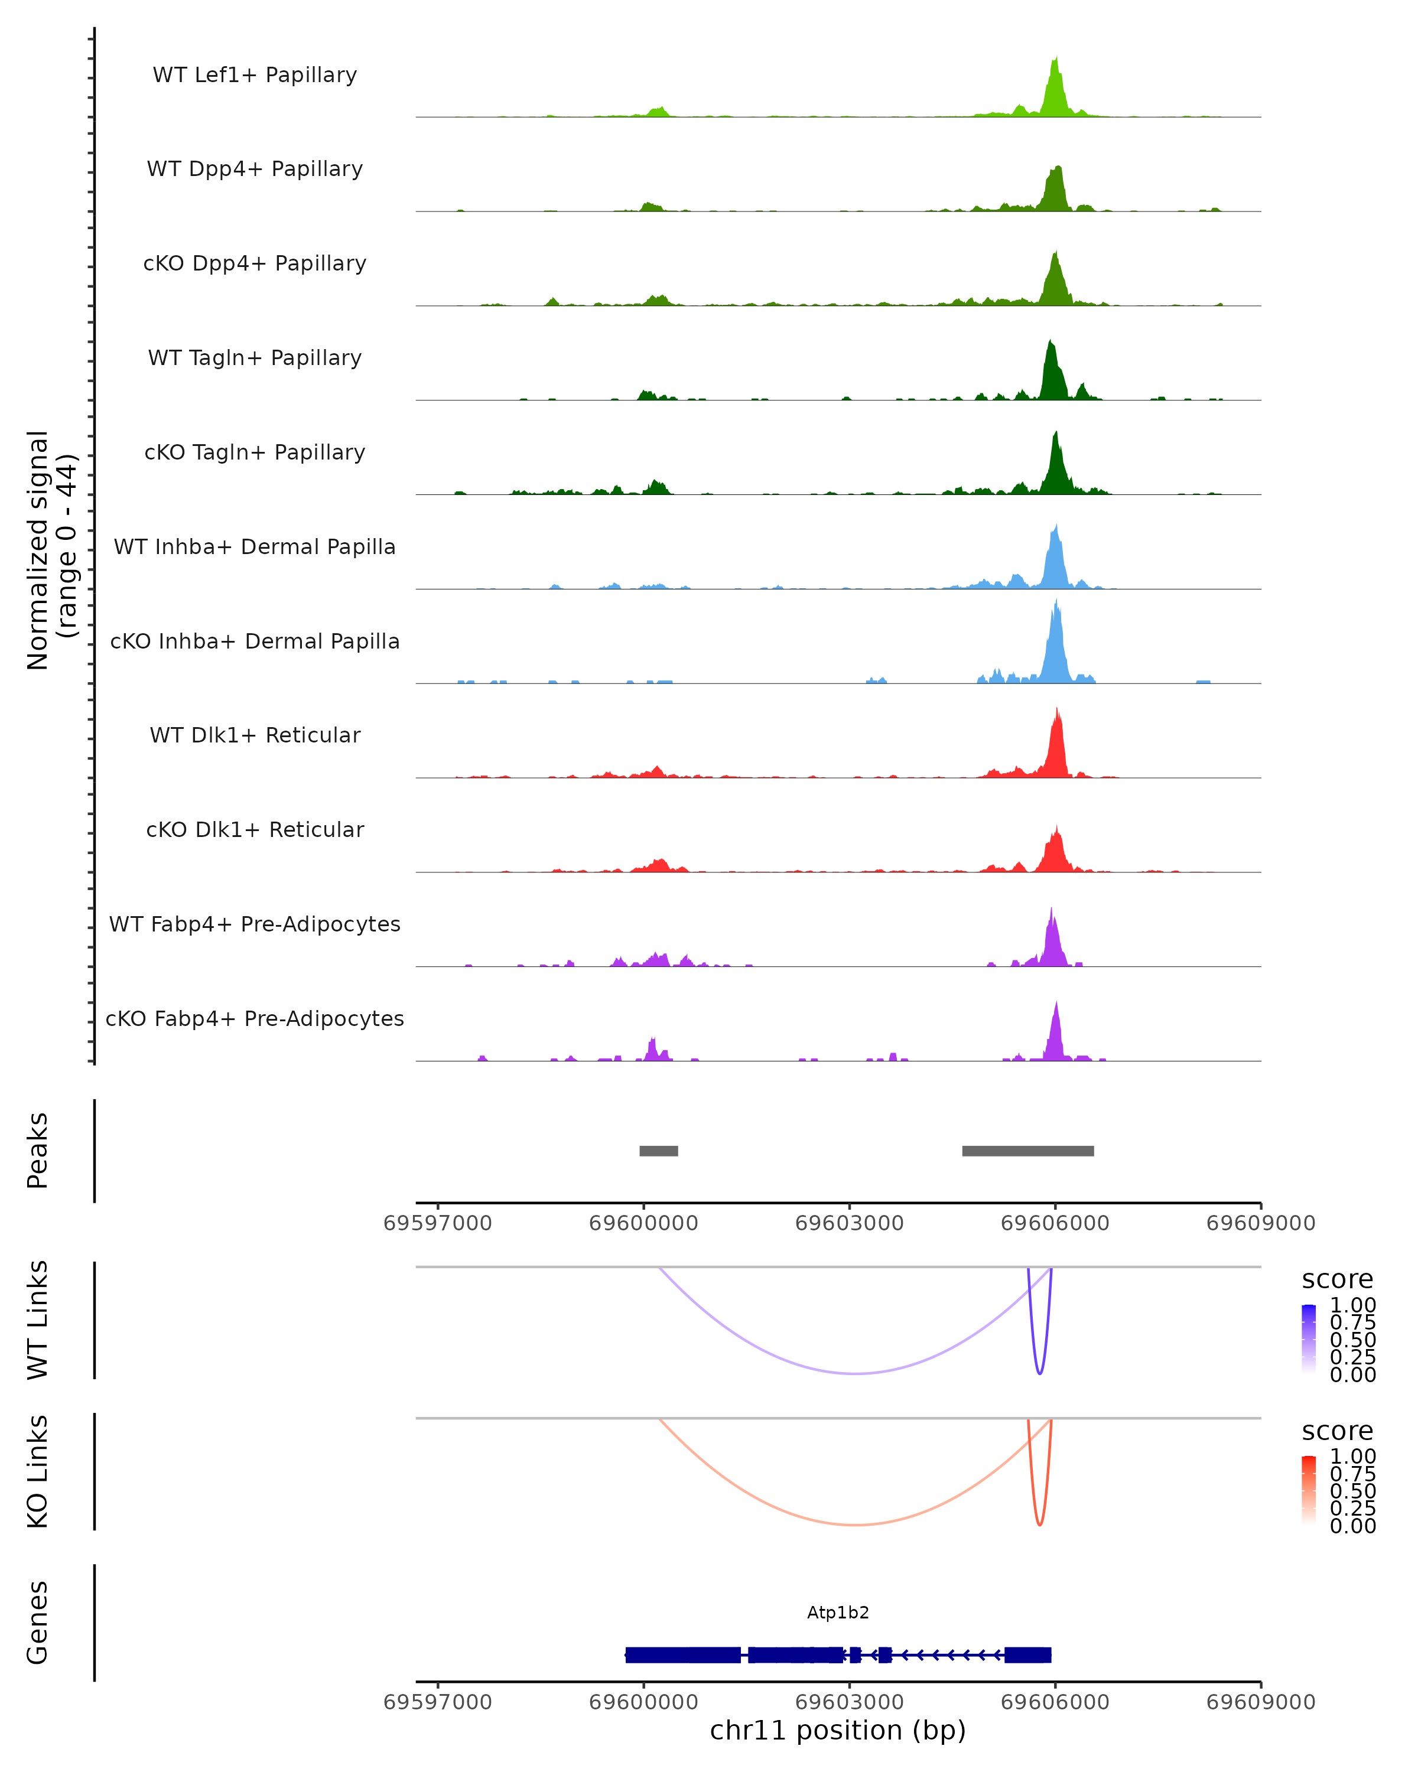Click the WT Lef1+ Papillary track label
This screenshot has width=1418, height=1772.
tap(255, 75)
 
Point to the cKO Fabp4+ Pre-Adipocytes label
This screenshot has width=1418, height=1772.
tap(255, 1018)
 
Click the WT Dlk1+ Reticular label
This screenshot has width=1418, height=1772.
tap(255, 735)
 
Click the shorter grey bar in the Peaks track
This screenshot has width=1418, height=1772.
tap(658, 1151)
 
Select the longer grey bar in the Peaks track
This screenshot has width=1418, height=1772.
tap(1027, 1151)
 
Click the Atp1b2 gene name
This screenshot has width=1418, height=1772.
tap(838, 1613)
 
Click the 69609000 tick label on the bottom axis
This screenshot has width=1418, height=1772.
tap(1260, 1702)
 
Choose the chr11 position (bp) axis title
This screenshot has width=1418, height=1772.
tap(838, 1731)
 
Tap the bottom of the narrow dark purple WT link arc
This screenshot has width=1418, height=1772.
tap(1040, 1373)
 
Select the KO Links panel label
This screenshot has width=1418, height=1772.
tap(38, 1472)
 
